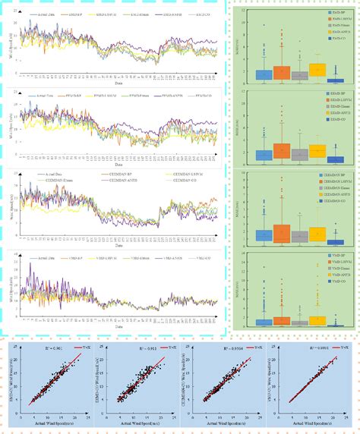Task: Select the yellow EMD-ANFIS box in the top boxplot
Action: tap(318, 70)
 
